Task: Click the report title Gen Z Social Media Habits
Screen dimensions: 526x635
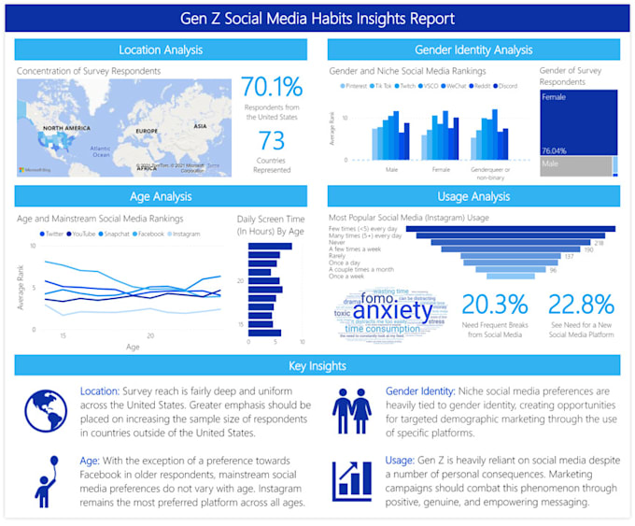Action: (x=317, y=18)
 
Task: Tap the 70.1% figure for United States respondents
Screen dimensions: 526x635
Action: (x=272, y=88)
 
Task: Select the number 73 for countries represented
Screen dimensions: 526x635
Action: (x=272, y=141)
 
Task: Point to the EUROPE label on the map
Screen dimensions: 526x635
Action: (x=148, y=131)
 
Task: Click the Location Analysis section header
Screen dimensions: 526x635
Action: (x=161, y=50)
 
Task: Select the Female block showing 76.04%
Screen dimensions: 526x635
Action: (x=577, y=121)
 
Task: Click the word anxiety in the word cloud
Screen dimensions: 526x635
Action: (x=392, y=310)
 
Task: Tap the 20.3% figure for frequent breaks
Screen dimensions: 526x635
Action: (x=494, y=306)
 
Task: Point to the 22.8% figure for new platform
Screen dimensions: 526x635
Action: (x=580, y=306)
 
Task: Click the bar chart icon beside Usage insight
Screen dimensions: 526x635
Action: (x=352, y=478)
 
